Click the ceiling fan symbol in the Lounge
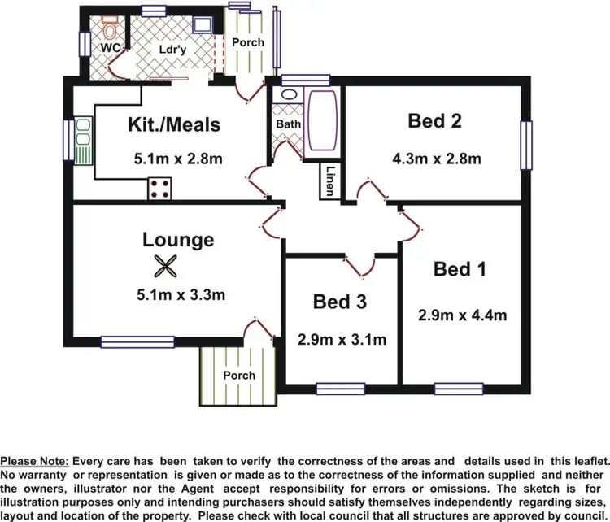[165, 266]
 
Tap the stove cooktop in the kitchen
[160, 189]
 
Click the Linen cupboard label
[329, 181]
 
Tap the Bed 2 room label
[434, 122]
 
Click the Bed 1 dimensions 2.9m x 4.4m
[462, 315]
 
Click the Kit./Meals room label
[174, 125]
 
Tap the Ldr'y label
[172, 48]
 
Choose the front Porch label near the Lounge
[238, 375]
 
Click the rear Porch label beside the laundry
[247, 41]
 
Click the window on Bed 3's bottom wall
[340, 388]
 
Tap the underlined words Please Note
[35, 461]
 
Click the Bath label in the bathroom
[288, 124]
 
